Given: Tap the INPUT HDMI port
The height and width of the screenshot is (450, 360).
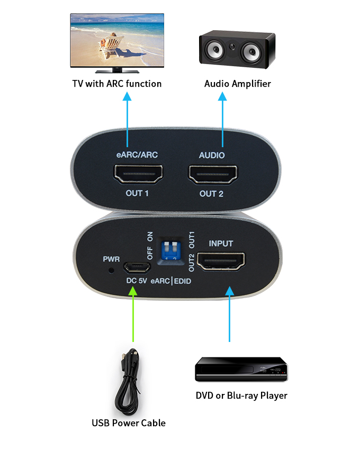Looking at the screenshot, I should coord(221,261).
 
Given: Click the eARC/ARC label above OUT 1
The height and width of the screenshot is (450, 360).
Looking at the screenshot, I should coord(137,155).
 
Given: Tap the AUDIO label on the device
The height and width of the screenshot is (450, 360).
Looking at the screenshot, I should coord(212,155).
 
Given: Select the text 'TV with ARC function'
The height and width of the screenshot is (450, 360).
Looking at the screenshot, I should coord(117,84).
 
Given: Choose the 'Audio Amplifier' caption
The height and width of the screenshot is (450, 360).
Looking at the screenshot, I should coord(238,84).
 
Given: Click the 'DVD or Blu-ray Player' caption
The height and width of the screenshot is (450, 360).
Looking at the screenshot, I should coord(241,395).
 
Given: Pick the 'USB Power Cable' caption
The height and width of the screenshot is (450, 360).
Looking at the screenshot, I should coord(129,422).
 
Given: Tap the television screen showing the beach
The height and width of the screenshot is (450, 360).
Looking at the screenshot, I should coord(117,40).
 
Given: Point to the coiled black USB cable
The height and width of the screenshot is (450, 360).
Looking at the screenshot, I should coord(129,381).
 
